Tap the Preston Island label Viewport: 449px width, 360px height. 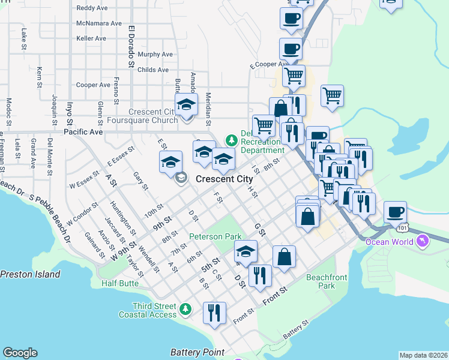point(30,274)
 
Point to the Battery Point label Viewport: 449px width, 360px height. point(197,352)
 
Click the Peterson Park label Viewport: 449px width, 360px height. point(215,236)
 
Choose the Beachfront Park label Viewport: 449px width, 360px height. point(328,281)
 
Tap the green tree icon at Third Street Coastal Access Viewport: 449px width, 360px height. point(186,309)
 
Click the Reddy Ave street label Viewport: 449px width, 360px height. point(92,8)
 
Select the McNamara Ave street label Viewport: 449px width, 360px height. point(100,23)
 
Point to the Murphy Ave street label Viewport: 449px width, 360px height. point(155,54)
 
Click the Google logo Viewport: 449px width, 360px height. point(20,353)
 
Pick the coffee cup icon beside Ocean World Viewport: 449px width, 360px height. point(395,212)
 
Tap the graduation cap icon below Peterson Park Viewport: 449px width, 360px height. point(245,251)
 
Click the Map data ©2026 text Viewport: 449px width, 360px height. point(423,355)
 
